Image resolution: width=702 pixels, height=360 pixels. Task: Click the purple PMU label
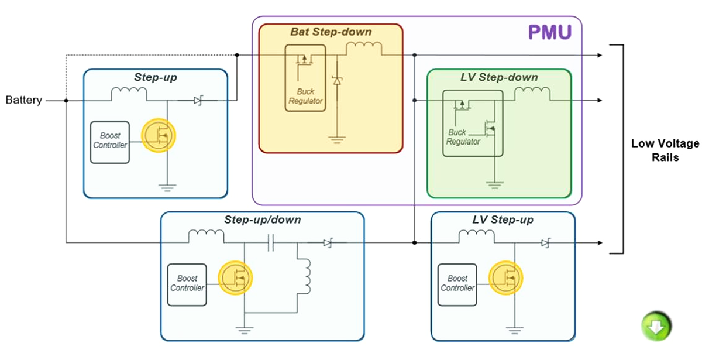(549, 32)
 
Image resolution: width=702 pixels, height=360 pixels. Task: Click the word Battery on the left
(23, 100)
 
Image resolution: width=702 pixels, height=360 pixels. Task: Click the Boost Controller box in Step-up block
(109, 140)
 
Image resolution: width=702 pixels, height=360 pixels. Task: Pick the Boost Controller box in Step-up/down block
(187, 284)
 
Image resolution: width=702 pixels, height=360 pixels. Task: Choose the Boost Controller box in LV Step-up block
(457, 284)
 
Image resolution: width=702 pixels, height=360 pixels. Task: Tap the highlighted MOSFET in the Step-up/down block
(235, 277)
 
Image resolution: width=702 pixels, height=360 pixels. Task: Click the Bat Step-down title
(331, 32)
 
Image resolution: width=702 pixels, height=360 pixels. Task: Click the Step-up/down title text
(262, 220)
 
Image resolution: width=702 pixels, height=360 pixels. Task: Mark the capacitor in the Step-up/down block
(271, 242)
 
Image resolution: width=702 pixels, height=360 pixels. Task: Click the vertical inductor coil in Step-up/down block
(305, 276)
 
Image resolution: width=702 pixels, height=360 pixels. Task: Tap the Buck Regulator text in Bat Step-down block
(305, 97)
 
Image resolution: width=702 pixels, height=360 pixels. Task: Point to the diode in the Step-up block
(198, 101)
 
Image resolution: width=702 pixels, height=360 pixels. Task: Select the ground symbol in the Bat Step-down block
(336, 139)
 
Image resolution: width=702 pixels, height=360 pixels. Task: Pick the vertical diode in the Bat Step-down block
(336, 81)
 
